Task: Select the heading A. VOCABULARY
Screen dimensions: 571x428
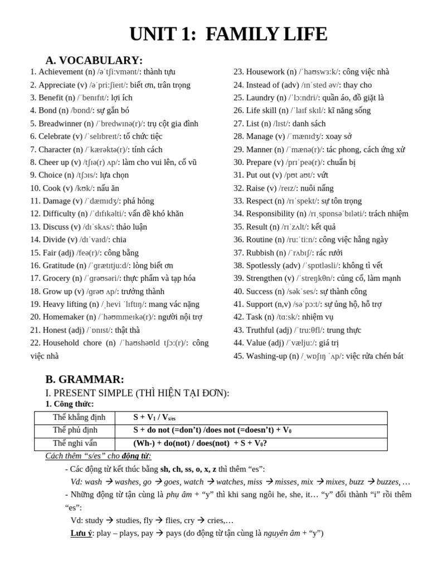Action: click(x=94, y=60)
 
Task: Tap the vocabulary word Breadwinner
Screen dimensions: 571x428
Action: click(x=61, y=124)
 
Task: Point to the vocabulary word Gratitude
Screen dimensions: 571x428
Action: click(x=58, y=265)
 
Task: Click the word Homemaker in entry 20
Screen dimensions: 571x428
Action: click(x=62, y=317)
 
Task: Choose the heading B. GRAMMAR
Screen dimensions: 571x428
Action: click(x=85, y=379)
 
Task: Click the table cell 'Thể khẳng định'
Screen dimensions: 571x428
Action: click(x=75, y=418)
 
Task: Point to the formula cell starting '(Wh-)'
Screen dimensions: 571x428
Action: click(x=200, y=444)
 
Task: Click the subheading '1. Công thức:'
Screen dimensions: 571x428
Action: click(x=70, y=404)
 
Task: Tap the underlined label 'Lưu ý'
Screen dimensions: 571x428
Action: click(x=81, y=534)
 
